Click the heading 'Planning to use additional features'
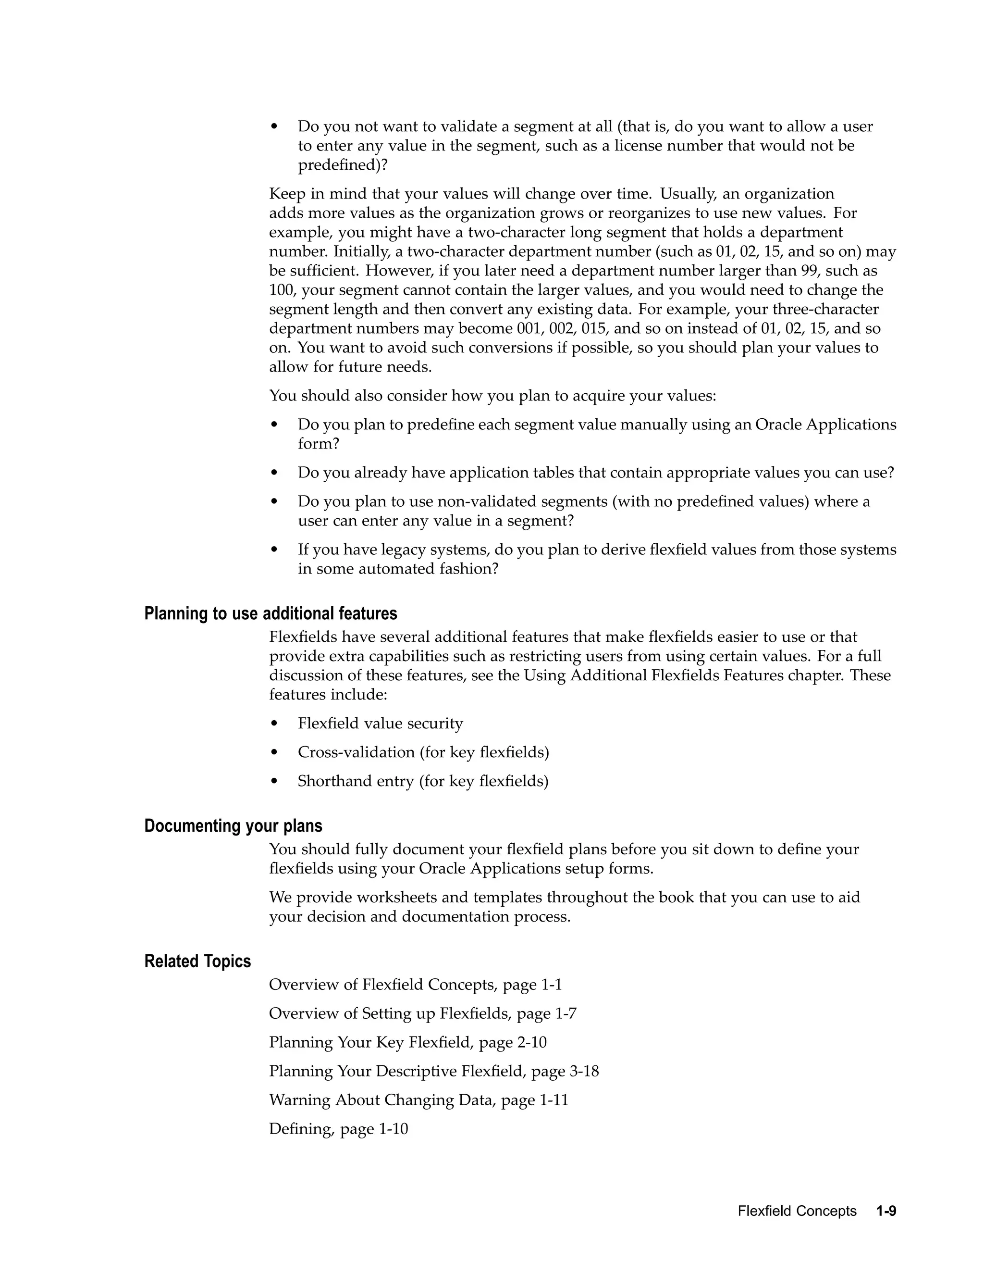pyautogui.click(x=271, y=613)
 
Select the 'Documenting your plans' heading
pyautogui.click(x=233, y=826)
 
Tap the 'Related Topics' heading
pyautogui.click(x=197, y=962)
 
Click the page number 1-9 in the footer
pyautogui.click(x=886, y=1211)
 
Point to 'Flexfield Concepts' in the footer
pyautogui.click(x=797, y=1211)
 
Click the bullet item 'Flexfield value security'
pyautogui.click(x=380, y=724)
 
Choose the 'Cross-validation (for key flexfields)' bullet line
pyautogui.click(x=423, y=752)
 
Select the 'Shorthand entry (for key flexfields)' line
pyautogui.click(x=423, y=781)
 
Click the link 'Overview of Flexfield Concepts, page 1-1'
pyautogui.click(x=415, y=985)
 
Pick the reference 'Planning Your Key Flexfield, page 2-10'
pyautogui.click(x=407, y=1042)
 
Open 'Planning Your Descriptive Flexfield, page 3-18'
pyautogui.click(x=434, y=1071)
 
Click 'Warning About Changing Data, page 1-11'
pyautogui.click(x=418, y=1100)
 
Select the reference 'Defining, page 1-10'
pyautogui.click(x=338, y=1129)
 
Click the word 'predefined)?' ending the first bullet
pyautogui.click(x=343, y=165)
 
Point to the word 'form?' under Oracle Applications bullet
pyautogui.click(x=318, y=444)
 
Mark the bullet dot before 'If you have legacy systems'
pyautogui.click(x=274, y=550)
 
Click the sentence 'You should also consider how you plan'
pyautogui.click(x=492, y=396)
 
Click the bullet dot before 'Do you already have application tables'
pyautogui.click(x=274, y=473)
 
